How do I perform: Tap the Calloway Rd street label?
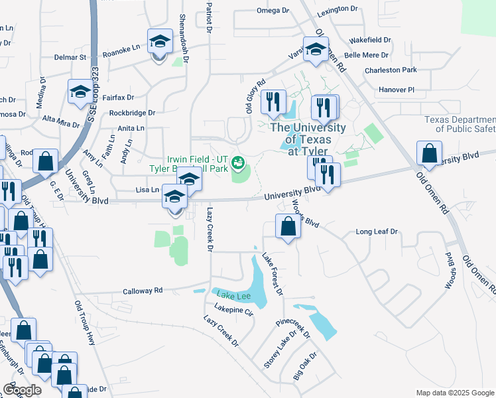[143, 291]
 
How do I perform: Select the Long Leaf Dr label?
[376, 232]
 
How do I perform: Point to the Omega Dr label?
[273, 11]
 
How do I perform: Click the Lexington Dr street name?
[337, 10]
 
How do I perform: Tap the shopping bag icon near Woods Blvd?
[288, 228]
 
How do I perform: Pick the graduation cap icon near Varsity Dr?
[316, 49]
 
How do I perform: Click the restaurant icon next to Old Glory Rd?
[273, 101]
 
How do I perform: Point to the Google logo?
[23, 390]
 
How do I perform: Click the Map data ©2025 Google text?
[455, 393]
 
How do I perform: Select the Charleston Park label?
[391, 70]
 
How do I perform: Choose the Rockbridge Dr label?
[132, 113]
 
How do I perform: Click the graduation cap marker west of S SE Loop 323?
[80, 92]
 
